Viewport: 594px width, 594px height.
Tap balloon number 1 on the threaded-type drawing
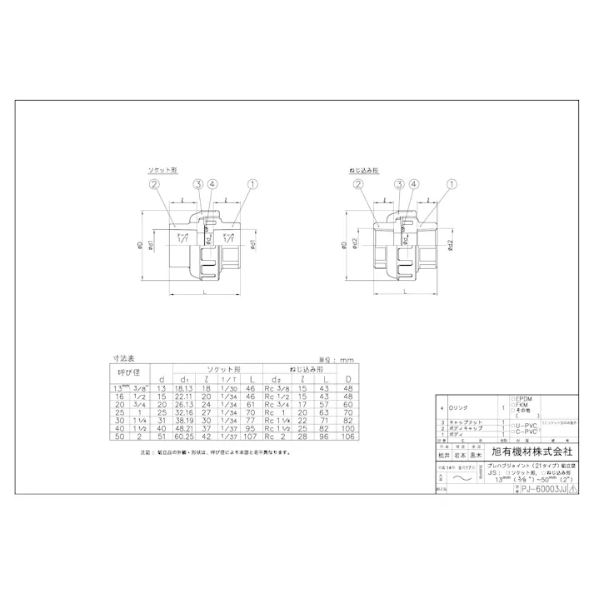pos(452,184)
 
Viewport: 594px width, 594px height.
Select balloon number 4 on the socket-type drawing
pos(212,184)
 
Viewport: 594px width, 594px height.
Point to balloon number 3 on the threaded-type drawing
pos(399,184)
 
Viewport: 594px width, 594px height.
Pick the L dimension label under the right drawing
pos(403,293)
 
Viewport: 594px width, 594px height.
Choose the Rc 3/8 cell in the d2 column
pos(277,388)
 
